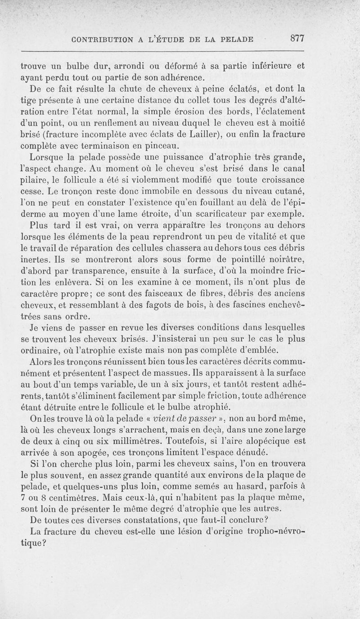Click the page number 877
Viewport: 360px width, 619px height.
[x=297, y=39]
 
